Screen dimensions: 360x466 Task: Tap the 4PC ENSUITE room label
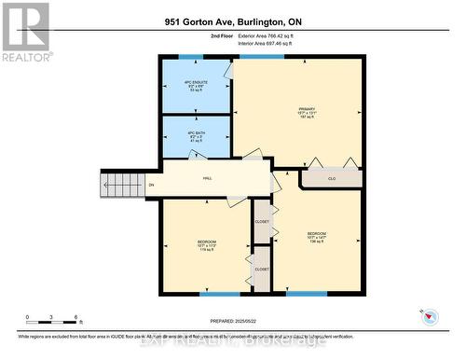[197, 87]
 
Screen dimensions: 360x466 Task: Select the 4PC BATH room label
[197, 135]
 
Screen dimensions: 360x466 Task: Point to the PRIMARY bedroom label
[308, 114]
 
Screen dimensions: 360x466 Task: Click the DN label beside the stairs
[152, 185]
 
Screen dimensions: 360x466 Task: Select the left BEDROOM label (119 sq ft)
[206, 244]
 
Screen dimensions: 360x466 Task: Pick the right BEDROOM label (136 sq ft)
[317, 237]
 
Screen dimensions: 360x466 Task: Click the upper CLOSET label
[262, 222]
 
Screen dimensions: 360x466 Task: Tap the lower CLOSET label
[262, 269]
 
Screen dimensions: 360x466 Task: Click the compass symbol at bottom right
[430, 314]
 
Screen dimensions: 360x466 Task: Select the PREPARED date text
[232, 322]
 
